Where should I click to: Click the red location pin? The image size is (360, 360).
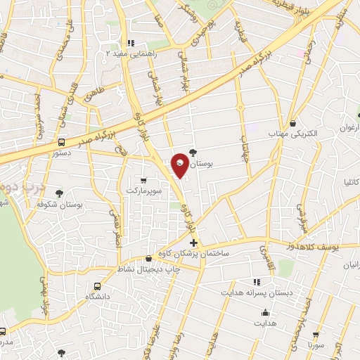(x=181, y=164)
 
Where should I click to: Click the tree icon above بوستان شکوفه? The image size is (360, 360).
(x=60, y=193)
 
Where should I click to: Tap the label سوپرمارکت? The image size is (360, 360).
(x=144, y=191)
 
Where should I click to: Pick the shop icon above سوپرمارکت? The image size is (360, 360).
(x=144, y=180)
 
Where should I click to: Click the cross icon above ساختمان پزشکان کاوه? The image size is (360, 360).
(x=194, y=243)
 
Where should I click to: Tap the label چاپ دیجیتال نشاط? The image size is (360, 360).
(x=148, y=269)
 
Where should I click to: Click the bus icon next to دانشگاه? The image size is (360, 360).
(x=97, y=286)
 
